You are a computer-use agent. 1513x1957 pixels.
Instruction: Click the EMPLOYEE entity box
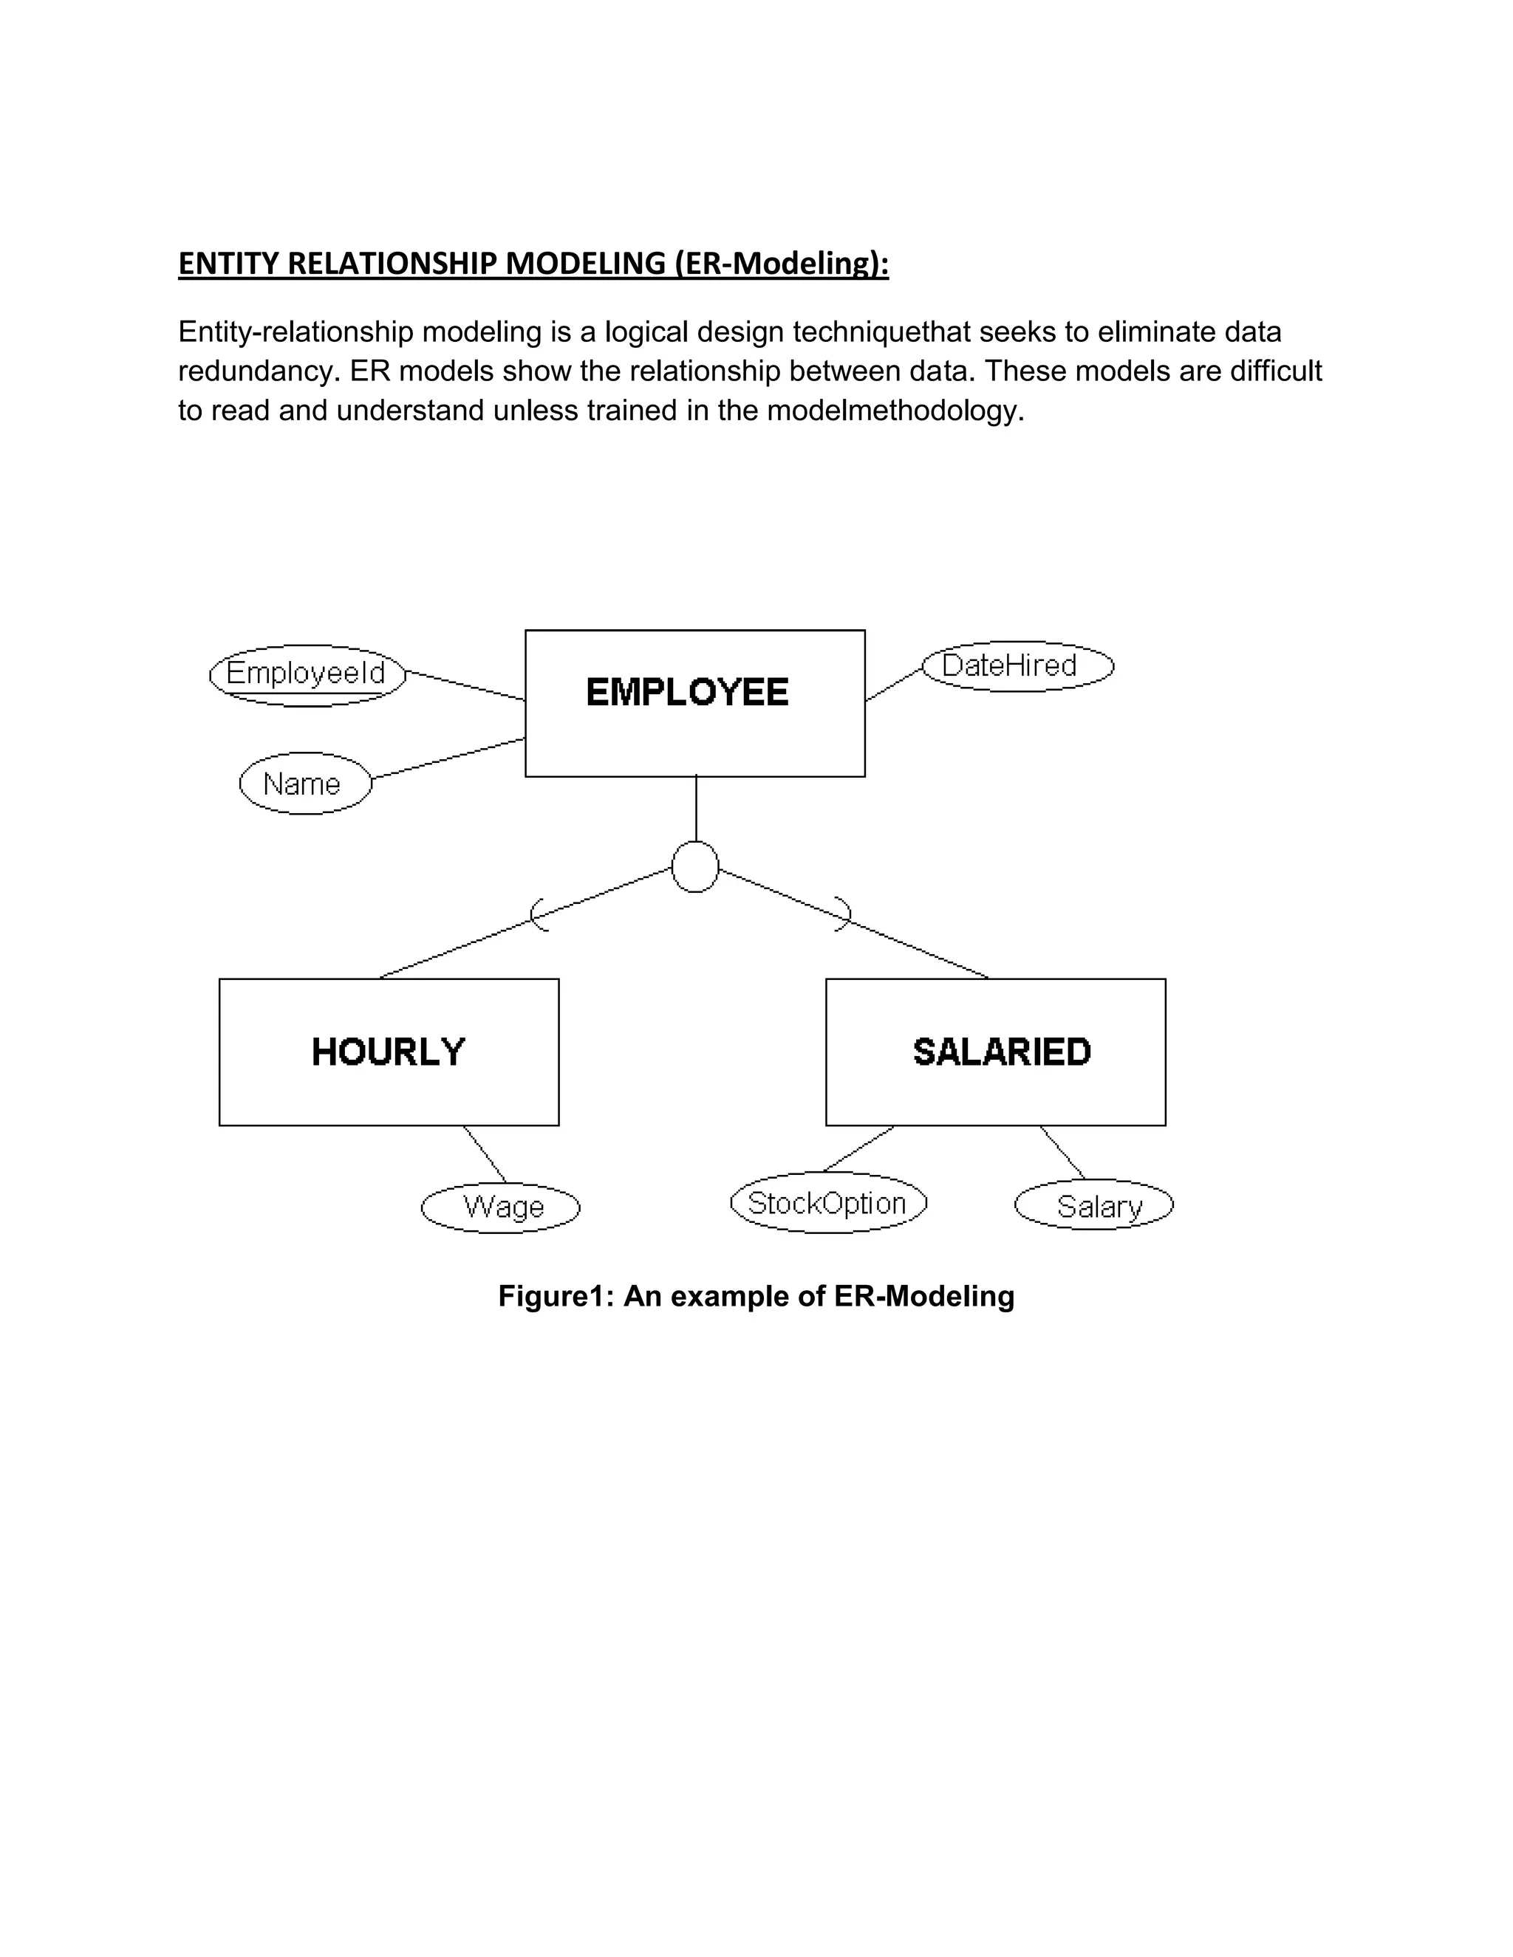coord(694,702)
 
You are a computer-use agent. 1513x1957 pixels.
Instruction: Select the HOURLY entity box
coord(389,1051)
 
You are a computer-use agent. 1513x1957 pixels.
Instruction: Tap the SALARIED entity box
coord(995,1051)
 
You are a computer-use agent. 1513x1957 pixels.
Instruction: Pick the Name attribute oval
coord(305,783)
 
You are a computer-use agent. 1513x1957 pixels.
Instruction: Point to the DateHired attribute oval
coord(1017,666)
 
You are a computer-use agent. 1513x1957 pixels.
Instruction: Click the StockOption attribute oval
coord(828,1202)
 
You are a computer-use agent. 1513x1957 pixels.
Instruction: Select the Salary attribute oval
coord(1093,1205)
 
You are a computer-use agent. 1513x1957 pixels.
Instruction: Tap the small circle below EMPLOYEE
coord(694,866)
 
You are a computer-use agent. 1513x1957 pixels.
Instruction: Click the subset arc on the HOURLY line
coord(537,915)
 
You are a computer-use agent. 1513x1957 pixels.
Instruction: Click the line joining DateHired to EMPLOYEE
coord(894,684)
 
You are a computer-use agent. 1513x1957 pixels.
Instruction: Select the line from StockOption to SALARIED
coord(858,1149)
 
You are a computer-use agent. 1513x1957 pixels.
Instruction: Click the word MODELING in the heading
coord(585,264)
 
